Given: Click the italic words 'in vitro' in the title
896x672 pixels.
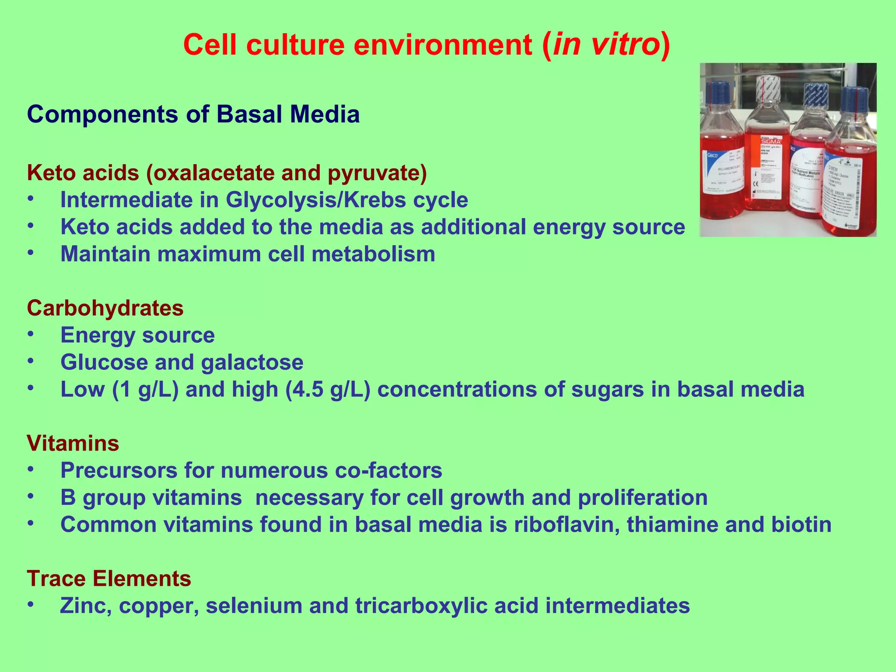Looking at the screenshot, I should [x=606, y=45].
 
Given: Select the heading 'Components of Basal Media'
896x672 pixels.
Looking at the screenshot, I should [x=193, y=115].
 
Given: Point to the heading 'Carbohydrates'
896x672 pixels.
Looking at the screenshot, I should [x=105, y=308].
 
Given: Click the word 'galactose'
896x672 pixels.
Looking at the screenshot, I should [x=252, y=362].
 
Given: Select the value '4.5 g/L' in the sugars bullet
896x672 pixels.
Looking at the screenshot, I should [x=328, y=389].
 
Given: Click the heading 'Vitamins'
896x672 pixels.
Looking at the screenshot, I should [x=73, y=443].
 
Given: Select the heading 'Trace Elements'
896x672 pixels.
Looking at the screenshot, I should [x=109, y=578].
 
